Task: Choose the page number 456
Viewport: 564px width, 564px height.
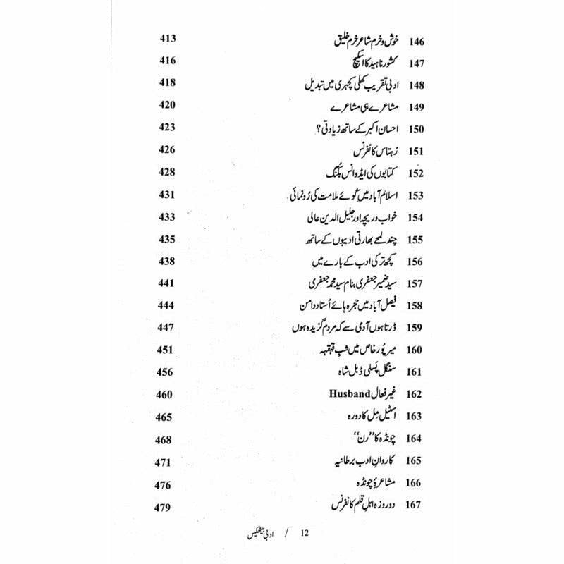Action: (x=166, y=372)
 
